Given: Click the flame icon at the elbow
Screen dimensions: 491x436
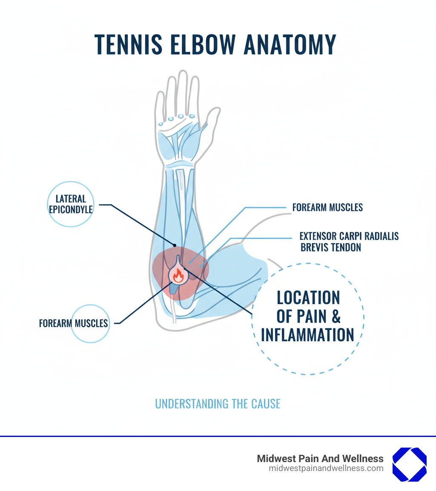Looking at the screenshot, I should [178, 276].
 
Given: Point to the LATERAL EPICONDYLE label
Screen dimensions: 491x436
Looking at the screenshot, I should [71, 204].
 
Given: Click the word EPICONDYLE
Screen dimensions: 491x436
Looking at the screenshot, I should [71, 209].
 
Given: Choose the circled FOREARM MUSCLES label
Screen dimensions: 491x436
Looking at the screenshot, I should [74, 323].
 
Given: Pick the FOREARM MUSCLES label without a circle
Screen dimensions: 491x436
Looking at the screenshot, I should [327, 208].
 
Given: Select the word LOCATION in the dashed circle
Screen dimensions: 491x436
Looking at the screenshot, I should [308, 298].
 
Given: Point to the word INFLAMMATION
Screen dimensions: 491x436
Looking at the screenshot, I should [307, 335].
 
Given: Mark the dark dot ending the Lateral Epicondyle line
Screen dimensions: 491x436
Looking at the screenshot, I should [175, 245].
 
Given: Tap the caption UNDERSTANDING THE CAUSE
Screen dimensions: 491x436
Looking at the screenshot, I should [218, 404].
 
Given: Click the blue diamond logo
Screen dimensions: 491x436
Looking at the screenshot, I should [409, 464].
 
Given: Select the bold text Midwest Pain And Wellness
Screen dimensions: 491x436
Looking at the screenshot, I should [320, 459].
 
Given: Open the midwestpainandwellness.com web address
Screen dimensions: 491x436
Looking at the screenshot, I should [326, 468].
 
